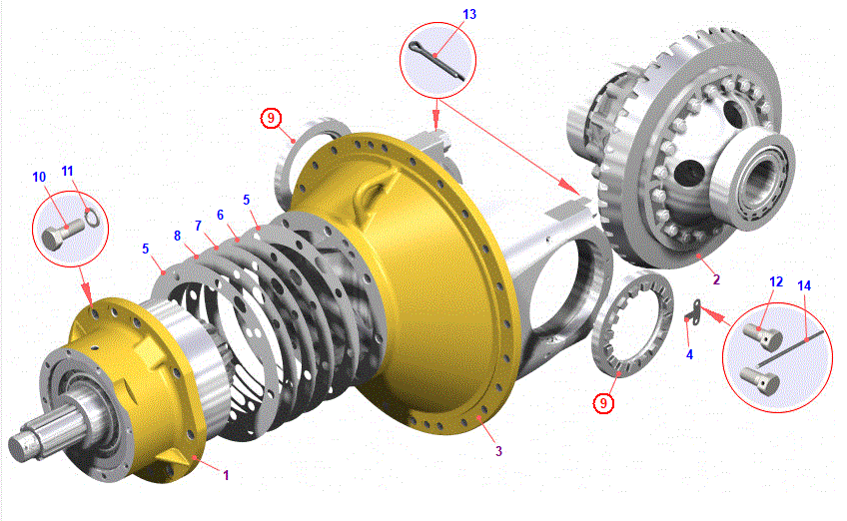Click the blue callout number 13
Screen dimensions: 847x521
click(x=469, y=14)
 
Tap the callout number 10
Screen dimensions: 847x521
click(x=39, y=177)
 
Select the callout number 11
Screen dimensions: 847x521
click(x=67, y=171)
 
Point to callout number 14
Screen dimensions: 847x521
click(x=804, y=285)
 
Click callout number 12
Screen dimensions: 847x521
click(x=776, y=281)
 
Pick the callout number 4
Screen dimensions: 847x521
click(x=689, y=354)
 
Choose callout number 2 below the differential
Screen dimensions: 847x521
click(x=716, y=279)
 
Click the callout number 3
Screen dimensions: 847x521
click(x=498, y=451)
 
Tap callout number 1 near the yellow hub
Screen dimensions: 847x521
click(x=226, y=475)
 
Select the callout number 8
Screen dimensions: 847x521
click(x=177, y=236)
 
